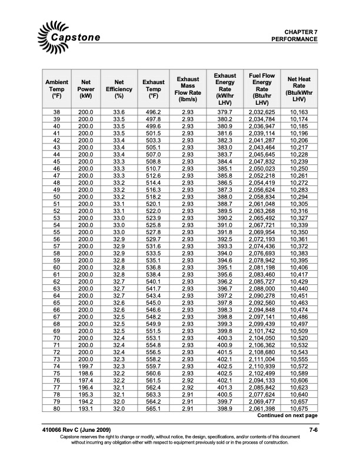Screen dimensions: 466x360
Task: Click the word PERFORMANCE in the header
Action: [294, 39]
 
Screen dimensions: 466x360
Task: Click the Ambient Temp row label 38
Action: [56, 112]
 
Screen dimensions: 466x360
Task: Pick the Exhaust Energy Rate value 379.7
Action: [224, 112]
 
